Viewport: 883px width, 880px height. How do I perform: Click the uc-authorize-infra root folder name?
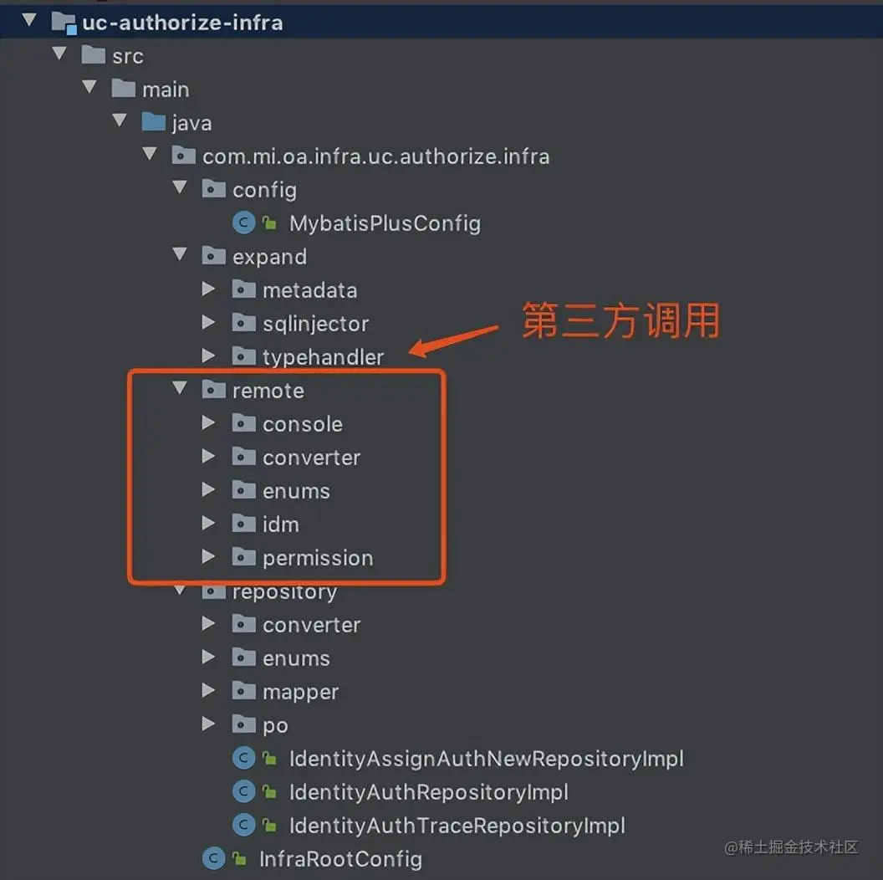click(181, 23)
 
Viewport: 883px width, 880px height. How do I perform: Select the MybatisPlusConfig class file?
click(384, 223)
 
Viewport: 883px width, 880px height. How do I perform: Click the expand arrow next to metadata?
click(209, 289)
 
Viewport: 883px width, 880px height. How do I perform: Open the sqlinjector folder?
click(314, 324)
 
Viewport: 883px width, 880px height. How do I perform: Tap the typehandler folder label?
click(323, 357)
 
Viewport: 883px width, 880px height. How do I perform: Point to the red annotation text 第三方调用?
click(620, 321)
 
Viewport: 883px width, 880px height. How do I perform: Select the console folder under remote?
click(302, 424)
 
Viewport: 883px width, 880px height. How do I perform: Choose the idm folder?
click(280, 524)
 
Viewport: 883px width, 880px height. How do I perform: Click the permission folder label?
click(317, 558)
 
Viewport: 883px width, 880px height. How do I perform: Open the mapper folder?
click(300, 692)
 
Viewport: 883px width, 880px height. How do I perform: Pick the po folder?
click(275, 725)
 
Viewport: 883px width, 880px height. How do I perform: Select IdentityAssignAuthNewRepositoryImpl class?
click(486, 759)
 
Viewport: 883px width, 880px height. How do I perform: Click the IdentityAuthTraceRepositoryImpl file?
click(457, 826)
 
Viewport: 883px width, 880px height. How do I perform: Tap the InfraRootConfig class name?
click(340, 859)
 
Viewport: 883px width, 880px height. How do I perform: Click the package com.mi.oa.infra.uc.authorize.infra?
click(375, 156)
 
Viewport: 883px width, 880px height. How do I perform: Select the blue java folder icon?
click(154, 123)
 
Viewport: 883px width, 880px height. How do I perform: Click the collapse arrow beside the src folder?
click(59, 55)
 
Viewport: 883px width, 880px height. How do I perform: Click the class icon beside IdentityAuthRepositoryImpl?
click(243, 792)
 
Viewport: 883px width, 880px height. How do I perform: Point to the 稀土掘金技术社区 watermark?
click(791, 847)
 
